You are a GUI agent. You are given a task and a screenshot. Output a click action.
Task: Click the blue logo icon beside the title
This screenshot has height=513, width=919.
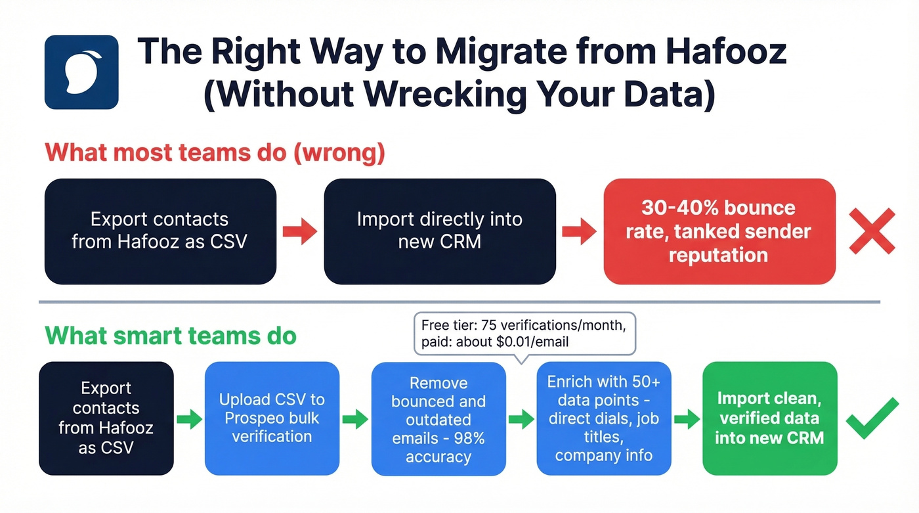point(81,72)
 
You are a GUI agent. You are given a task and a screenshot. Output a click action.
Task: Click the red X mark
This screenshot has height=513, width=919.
point(872,231)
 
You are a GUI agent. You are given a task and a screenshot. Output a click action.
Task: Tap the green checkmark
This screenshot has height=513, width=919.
point(872,418)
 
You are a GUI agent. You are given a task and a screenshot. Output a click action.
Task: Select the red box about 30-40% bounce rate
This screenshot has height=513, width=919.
point(719,231)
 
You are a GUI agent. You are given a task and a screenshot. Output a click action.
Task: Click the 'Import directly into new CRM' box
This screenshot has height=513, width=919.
point(440,231)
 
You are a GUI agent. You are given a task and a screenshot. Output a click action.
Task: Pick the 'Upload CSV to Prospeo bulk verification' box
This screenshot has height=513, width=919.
point(272,418)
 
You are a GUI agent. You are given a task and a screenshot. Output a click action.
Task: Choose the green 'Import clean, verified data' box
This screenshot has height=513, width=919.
point(769,418)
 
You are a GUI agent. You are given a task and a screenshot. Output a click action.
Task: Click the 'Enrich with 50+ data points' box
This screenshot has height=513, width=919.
point(604,418)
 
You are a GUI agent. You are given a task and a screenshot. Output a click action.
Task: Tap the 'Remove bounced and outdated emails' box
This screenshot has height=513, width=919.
point(438,418)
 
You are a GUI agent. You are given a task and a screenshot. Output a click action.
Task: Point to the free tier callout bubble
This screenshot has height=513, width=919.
point(525,334)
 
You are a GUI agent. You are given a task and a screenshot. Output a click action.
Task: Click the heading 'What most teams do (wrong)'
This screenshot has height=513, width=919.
point(215,152)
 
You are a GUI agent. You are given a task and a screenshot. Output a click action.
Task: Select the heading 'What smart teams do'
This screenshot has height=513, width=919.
point(171,336)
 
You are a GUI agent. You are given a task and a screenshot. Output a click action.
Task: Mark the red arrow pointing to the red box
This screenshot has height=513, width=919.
point(579,231)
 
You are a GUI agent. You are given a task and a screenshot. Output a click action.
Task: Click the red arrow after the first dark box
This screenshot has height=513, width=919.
point(300,231)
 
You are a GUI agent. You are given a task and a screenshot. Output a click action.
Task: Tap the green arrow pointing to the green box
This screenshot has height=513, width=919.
point(686,418)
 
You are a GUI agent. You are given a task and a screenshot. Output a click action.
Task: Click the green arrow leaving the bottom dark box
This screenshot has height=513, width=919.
point(189,418)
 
